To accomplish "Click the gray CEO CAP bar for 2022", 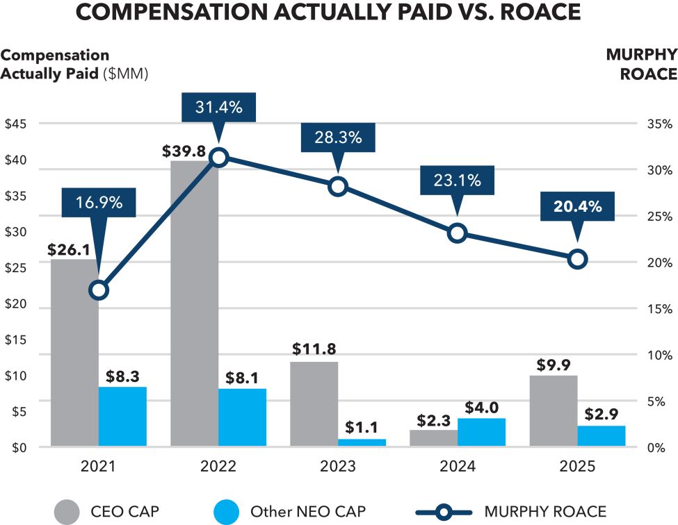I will [x=194, y=306].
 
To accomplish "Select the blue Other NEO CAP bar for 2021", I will [x=122, y=417].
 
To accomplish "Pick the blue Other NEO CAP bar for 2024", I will [x=481, y=433].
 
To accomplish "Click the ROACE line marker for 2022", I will [x=219, y=158].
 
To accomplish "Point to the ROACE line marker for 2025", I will [x=577, y=260].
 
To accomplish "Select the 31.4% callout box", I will [x=218, y=108].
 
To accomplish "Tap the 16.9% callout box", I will [x=99, y=203].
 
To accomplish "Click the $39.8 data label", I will [x=185, y=151].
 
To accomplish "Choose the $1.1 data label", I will [x=362, y=428].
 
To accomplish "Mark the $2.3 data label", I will [x=434, y=420].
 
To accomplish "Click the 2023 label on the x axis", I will [x=338, y=467].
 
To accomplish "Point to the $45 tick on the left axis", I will [x=16, y=124].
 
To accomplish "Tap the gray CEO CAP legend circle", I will [x=68, y=512].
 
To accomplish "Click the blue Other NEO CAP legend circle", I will [x=227, y=512].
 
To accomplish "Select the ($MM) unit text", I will [x=126, y=74].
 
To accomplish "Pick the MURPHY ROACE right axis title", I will [x=641, y=65].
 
